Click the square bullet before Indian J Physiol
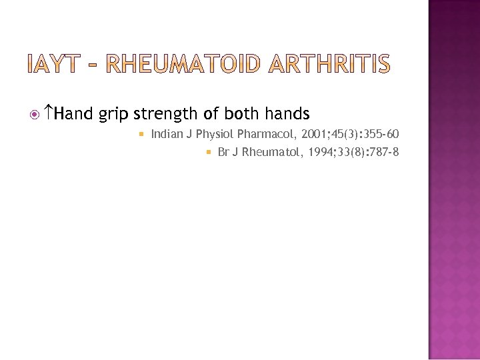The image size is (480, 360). point(141,135)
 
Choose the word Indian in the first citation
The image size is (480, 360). point(167,134)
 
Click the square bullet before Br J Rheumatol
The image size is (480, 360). point(209,153)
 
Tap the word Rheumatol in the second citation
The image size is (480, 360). point(264,152)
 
